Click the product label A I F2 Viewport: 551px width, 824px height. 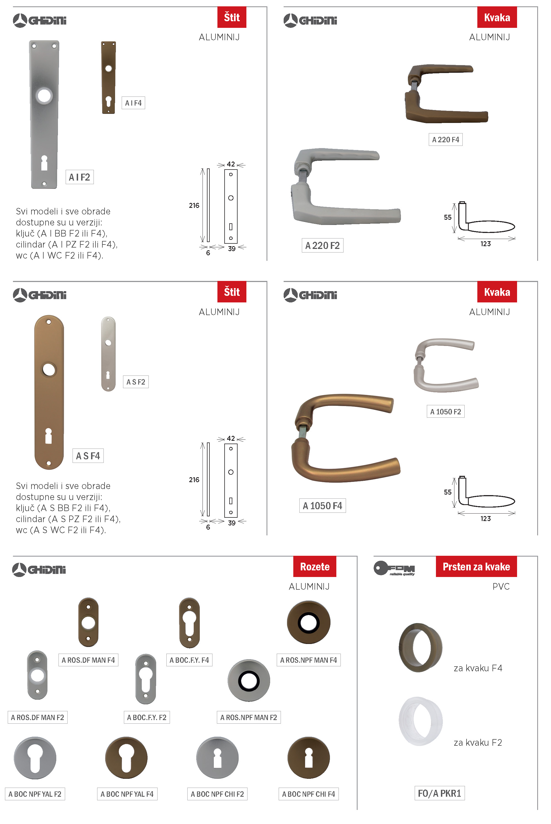pos(79,177)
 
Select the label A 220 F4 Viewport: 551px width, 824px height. pos(445,140)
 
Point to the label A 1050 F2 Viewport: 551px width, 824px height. pos(445,412)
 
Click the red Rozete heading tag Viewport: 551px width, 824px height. pos(315,566)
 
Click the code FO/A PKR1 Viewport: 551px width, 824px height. pos(439,793)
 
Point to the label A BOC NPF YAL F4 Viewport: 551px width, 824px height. pos(127,794)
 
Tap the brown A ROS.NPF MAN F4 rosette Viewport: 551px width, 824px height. pos(308,622)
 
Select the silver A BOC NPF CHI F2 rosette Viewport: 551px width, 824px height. pos(217,757)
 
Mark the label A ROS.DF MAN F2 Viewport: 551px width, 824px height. pos(37,717)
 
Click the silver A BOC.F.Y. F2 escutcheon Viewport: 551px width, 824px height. pos(145,679)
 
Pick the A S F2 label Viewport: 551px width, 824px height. pos(136,382)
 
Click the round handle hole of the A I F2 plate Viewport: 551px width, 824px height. pos(44,95)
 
